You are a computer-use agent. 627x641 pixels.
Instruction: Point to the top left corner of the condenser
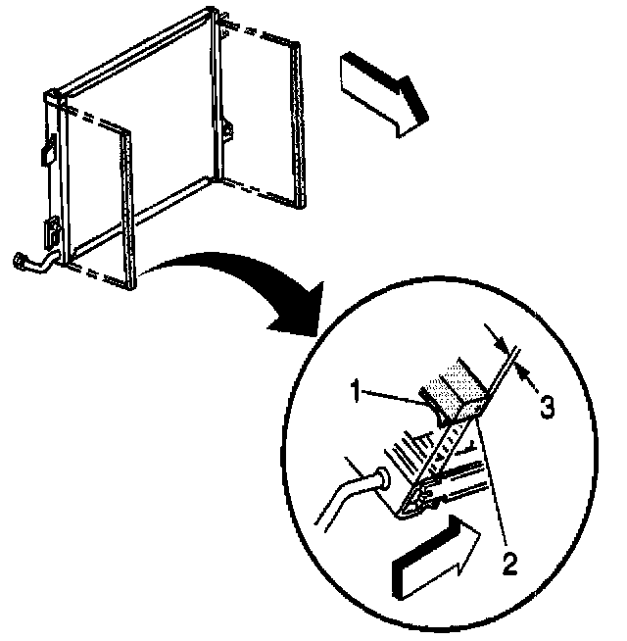click(x=48, y=93)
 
